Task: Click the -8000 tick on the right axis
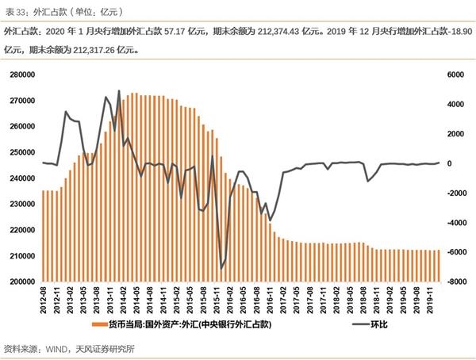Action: [453, 281]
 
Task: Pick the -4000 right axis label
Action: [453, 223]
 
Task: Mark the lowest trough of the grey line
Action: [221, 269]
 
